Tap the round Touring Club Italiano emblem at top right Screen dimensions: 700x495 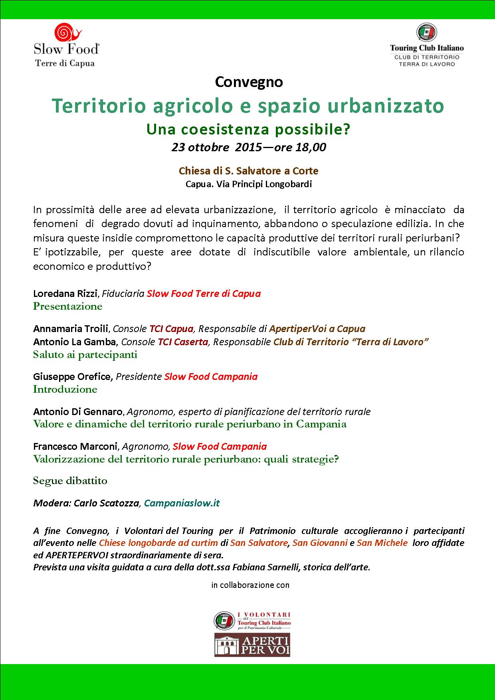click(426, 33)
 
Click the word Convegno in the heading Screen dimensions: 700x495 click(249, 82)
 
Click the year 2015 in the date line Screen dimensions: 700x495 click(248, 147)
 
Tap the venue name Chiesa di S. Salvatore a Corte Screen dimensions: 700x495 click(248, 171)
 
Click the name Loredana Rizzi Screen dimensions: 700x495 click(65, 294)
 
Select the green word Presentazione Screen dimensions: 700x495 click(67, 306)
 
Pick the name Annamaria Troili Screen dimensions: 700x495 click(71, 329)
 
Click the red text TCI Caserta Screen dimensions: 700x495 click(183, 342)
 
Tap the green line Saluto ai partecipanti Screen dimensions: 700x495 click(85, 355)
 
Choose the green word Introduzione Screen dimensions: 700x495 click(65, 390)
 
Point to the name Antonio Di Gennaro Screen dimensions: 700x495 click(79, 411)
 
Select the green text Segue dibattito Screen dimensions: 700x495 click(70, 481)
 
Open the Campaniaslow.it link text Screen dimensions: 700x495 click(182, 503)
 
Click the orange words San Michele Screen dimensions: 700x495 click(382, 543)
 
